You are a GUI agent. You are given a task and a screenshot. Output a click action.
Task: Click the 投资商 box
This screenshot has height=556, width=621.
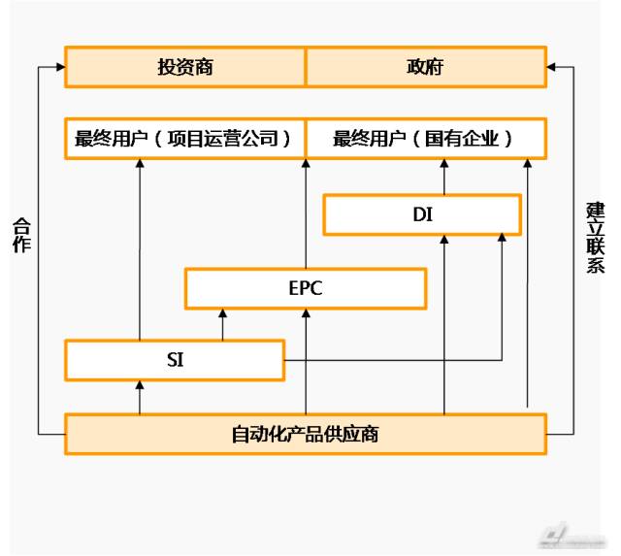[x=185, y=66]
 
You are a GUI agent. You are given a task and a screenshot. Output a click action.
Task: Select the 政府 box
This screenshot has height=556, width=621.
[x=425, y=66]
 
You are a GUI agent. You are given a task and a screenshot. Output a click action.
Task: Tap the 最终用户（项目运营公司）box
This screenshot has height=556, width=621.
[x=184, y=139]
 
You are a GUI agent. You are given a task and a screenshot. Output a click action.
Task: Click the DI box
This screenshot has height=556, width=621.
[x=422, y=214]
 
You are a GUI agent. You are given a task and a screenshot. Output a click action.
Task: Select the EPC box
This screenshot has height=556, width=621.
[x=306, y=288]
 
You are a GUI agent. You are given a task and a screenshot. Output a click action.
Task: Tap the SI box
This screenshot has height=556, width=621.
[x=175, y=359]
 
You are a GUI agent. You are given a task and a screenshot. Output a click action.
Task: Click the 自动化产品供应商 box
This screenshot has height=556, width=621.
[x=305, y=434]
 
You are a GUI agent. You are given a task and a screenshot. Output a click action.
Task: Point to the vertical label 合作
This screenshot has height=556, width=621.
[x=21, y=235]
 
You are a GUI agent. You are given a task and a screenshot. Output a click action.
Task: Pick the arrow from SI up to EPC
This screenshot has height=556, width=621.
[x=223, y=325]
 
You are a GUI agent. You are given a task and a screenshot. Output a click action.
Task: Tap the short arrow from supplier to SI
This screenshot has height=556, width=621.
[x=140, y=397]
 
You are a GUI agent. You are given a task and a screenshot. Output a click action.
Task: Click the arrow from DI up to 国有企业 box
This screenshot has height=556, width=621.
[x=444, y=177]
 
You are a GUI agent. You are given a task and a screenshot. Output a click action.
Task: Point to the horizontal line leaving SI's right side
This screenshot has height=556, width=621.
[x=388, y=360]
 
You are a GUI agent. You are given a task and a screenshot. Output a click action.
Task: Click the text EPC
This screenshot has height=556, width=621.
[x=306, y=288]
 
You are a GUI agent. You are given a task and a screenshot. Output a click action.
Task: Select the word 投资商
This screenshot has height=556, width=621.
[x=185, y=66]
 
